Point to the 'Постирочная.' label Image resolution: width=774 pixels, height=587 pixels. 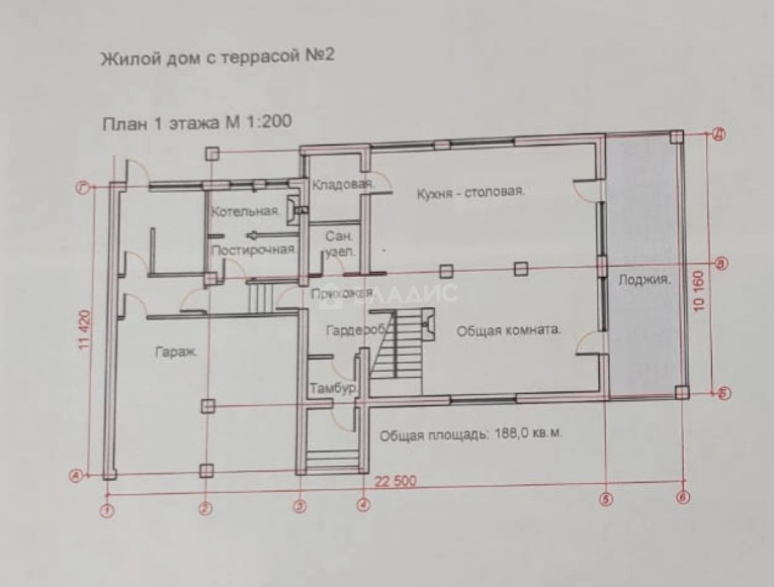pyautogui.click(x=254, y=250)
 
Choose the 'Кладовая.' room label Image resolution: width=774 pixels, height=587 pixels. pyautogui.click(x=341, y=185)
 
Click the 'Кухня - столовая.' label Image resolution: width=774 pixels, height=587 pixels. pyautogui.click(x=470, y=191)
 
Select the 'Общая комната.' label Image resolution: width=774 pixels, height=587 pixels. pyautogui.click(x=509, y=330)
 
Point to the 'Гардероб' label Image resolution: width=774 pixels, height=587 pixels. pyautogui.click(x=356, y=330)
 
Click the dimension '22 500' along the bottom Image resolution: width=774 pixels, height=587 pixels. pyautogui.click(x=395, y=482)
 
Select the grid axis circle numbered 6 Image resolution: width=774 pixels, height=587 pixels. pyautogui.click(x=683, y=497)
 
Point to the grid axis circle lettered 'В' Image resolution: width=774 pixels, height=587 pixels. pyautogui.click(x=721, y=263)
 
